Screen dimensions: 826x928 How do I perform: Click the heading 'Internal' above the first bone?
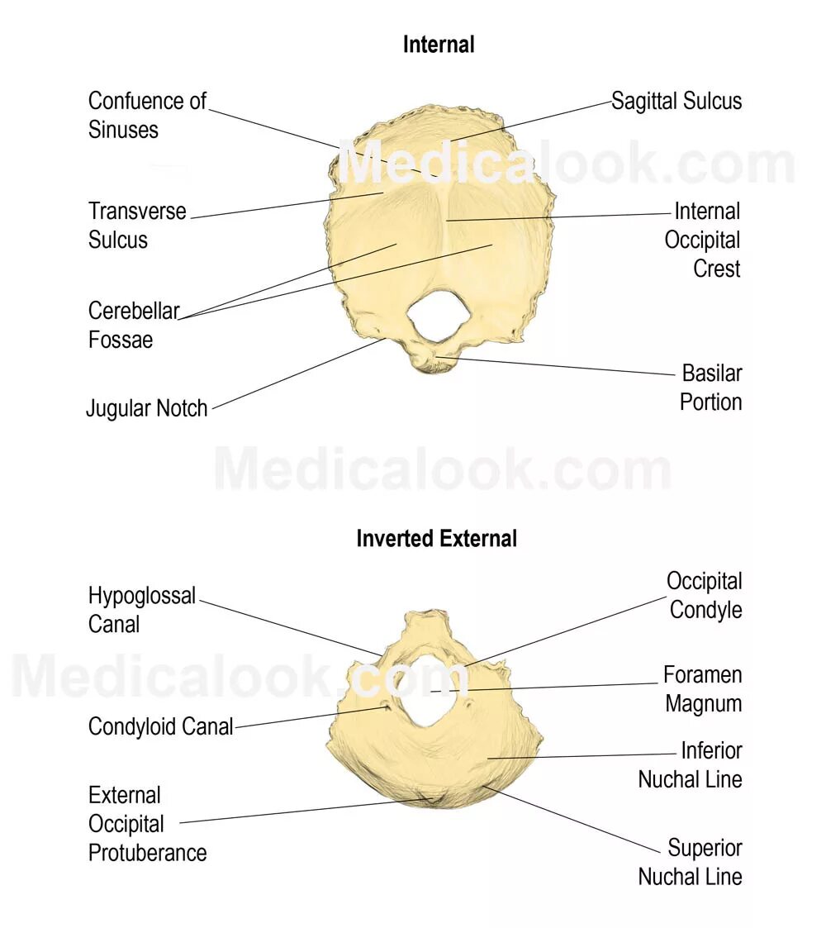coord(439,45)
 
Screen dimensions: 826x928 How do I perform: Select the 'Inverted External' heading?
coord(436,539)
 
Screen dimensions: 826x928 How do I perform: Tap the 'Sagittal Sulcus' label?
coord(676,102)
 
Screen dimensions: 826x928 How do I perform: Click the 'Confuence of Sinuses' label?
coord(147,116)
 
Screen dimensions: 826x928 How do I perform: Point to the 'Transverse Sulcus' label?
coord(137,226)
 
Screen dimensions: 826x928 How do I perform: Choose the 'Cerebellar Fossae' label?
coord(133,326)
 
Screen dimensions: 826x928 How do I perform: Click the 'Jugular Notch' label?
coord(147,408)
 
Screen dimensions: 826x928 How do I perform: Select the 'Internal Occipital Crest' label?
coord(703,240)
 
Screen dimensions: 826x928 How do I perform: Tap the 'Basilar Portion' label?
coord(710,388)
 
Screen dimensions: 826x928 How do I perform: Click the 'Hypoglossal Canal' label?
coord(141,610)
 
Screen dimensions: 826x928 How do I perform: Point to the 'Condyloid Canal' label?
coord(160,727)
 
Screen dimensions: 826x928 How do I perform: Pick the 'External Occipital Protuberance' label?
coord(147,824)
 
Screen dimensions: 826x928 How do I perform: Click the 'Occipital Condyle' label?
coord(705,596)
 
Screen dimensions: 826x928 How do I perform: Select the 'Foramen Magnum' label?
coord(703,689)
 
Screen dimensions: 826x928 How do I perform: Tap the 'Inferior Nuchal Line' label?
coord(691,764)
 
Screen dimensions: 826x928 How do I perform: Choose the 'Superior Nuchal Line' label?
coord(691,862)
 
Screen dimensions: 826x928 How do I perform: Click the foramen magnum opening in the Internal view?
coord(434,317)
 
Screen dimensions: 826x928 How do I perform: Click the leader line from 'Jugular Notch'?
coord(293,374)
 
